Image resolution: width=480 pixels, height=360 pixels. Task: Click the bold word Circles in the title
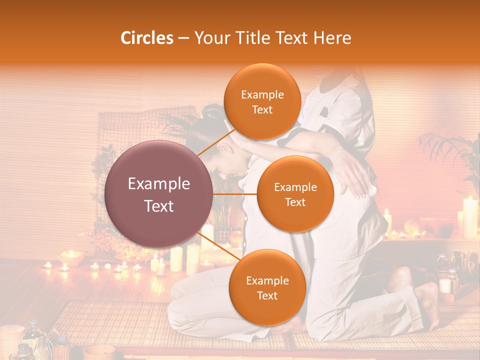(x=146, y=38)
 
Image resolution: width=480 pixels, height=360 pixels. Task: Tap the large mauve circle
(x=158, y=194)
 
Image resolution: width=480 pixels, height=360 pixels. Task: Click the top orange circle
(x=262, y=101)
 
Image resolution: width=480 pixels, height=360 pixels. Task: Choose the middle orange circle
(x=295, y=194)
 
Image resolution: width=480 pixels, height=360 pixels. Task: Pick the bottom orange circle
(x=267, y=287)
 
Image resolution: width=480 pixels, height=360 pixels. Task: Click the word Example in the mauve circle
(x=158, y=184)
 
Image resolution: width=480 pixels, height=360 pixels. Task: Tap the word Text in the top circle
(x=262, y=110)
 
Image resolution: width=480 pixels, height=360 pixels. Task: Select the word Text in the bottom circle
(x=267, y=296)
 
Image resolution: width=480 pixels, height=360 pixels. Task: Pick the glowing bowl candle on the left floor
(x=71, y=257)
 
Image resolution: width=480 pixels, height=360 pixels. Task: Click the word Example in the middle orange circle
(x=295, y=187)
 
